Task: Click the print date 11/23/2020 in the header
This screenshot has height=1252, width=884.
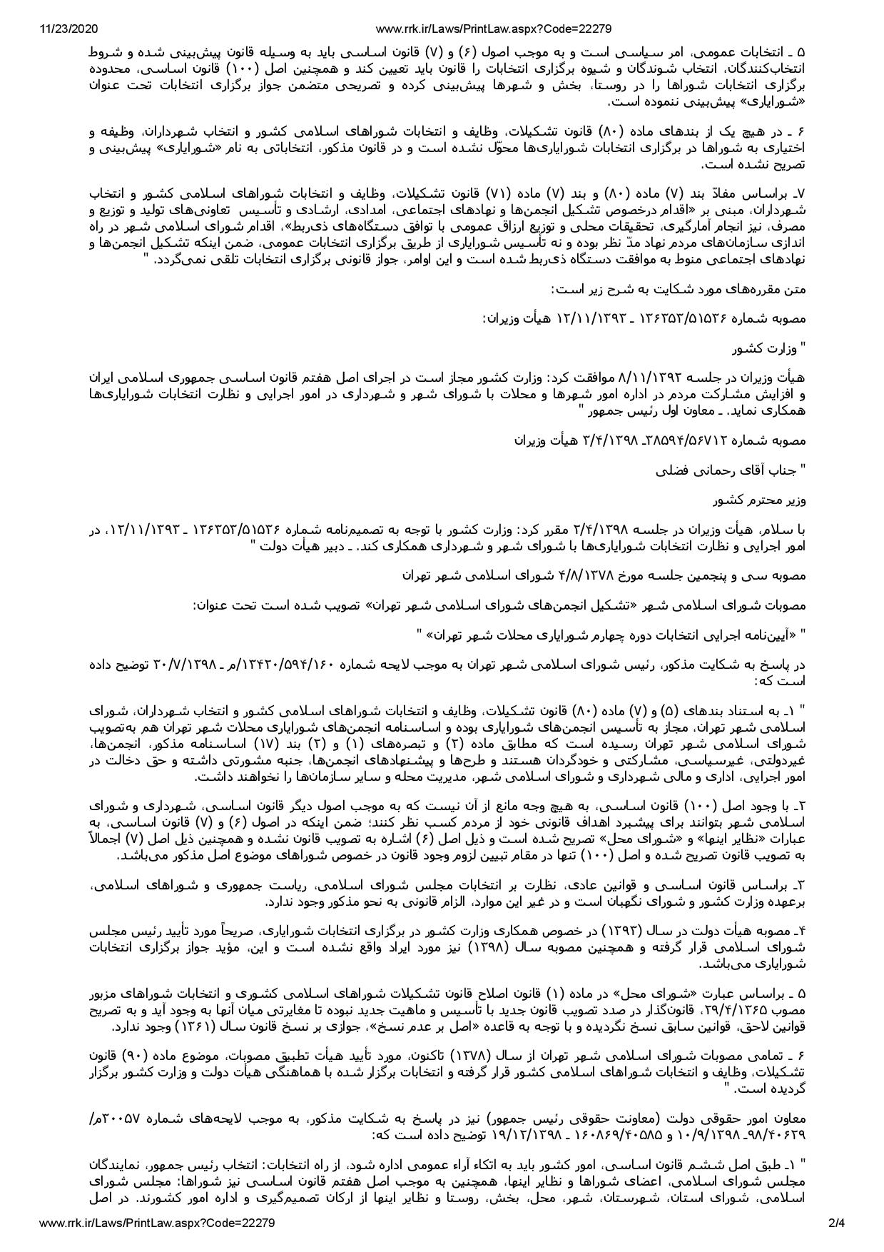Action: (x=68, y=29)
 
